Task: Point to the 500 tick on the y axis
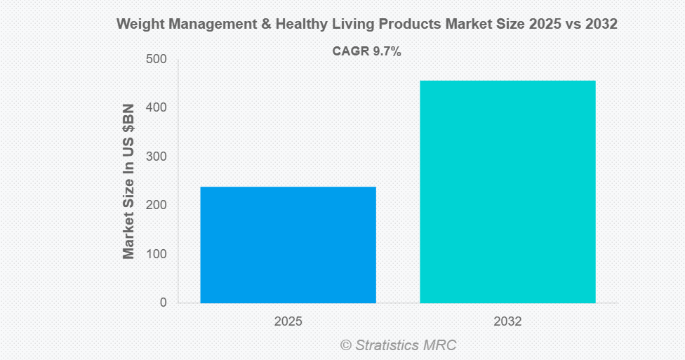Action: pyautogui.click(x=157, y=60)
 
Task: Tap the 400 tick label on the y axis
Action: pyautogui.click(x=157, y=108)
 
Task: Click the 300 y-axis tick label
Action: pyautogui.click(x=157, y=156)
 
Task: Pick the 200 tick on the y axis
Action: pyautogui.click(x=157, y=206)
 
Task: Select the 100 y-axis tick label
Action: pyautogui.click(x=157, y=254)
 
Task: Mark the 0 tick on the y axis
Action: pyautogui.click(x=163, y=302)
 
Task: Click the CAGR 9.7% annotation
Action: pyautogui.click(x=366, y=51)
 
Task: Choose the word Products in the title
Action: pyautogui.click(x=407, y=24)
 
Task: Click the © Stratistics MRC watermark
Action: pyautogui.click(x=398, y=345)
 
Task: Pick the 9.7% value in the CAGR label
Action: pyautogui.click(x=385, y=51)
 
